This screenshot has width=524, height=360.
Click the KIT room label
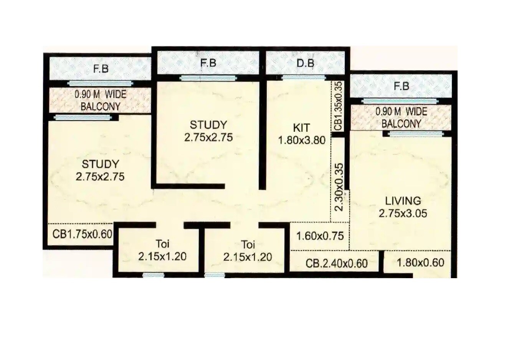[x=301, y=128]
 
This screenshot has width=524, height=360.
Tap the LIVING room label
[x=403, y=201]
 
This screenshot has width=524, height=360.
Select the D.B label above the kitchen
[x=305, y=63]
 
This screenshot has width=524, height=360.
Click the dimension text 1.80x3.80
[x=301, y=140]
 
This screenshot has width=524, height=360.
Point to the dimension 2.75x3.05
[x=403, y=213]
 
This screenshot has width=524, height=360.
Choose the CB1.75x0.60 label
[x=82, y=234]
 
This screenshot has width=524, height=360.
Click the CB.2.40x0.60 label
[x=336, y=264]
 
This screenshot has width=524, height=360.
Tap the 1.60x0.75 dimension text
[x=320, y=236]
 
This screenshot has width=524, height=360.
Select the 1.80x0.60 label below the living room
[x=420, y=263]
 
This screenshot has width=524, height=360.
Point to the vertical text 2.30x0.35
[x=339, y=187]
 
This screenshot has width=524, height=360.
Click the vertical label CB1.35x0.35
[x=338, y=105]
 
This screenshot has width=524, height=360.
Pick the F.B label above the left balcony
[x=101, y=69]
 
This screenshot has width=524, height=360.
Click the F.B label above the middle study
[x=208, y=63]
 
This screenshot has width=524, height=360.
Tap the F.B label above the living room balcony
[x=401, y=86]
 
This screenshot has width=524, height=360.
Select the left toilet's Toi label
[x=162, y=244]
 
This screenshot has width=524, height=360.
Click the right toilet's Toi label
[x=248, y=244]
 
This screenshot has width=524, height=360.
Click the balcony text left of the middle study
[x=100, y=100]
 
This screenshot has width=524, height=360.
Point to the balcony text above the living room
[x=401, y=118]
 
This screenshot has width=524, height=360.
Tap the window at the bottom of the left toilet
[x=153, y=275]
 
